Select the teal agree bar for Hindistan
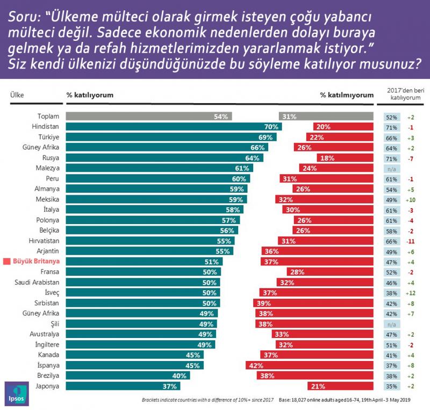coord(172,127)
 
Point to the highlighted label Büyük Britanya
coord(36,261)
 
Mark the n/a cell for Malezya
coord(391,168)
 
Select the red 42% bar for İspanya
coord(307,365)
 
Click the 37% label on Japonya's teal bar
coord(170,385)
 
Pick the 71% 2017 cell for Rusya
coord(391,158)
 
